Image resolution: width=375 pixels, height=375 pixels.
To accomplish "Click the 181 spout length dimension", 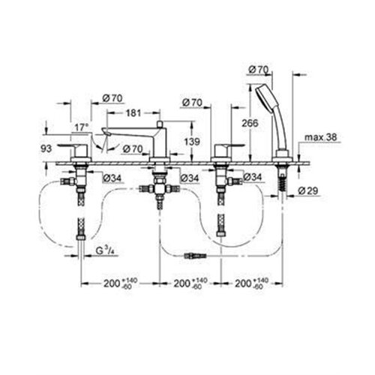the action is pyautogui.click(x=133, y=113).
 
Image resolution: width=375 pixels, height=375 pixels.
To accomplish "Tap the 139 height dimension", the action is pyautogui.click(x=192, y=142).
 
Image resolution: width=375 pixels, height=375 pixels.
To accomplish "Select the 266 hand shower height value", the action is pyautogui.click(x=250, y=123).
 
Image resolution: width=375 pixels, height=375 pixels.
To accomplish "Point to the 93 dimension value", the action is pyautogui.click(x=46, y=148).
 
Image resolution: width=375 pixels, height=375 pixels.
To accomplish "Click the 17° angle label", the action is pyautogui.click(x=82, y=127).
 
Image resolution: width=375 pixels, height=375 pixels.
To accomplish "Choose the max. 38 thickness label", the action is pyautogui.click(x=321, y=137).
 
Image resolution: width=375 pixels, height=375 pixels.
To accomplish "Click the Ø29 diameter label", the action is pyautogui.click(x=308, y=191).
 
